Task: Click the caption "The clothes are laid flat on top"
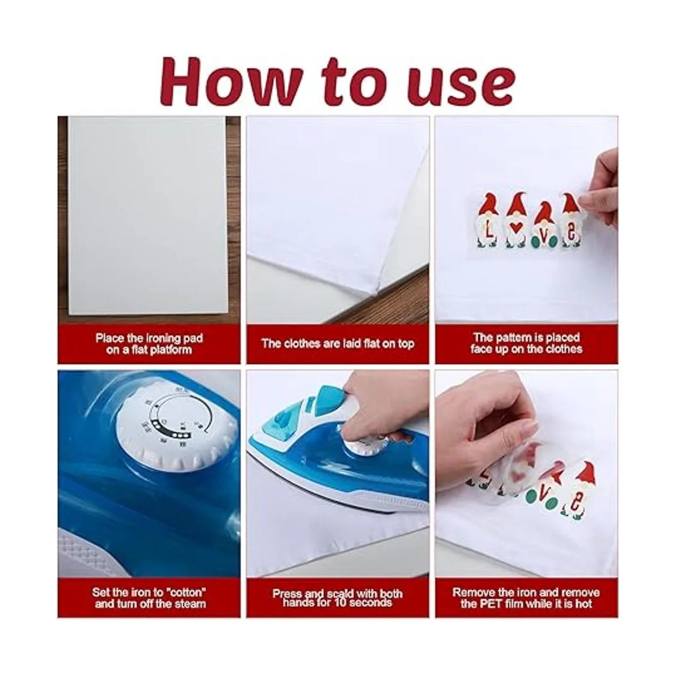tap(337, 344)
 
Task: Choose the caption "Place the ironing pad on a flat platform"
tap(149, 344)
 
